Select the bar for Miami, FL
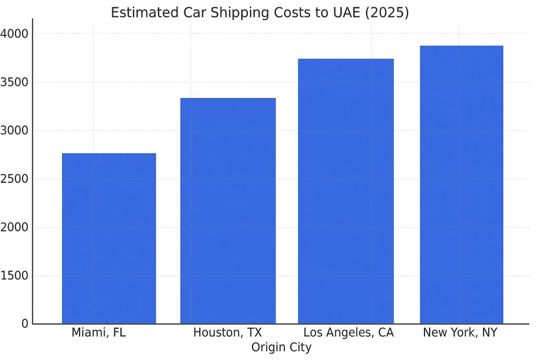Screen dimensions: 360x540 pos(109,238)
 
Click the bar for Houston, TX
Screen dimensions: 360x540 pos(228,211)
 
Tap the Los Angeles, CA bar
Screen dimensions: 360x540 pos(345,191)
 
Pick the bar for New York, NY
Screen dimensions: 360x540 pos(461,184)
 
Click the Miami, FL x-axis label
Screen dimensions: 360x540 pos(99,333)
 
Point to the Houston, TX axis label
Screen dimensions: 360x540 pos(227,333)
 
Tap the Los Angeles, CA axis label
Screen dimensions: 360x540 pos(349,333)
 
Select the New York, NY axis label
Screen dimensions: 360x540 pos(460,333)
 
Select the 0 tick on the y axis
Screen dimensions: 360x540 pos(25,324)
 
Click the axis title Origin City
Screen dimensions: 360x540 pos(281,348)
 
